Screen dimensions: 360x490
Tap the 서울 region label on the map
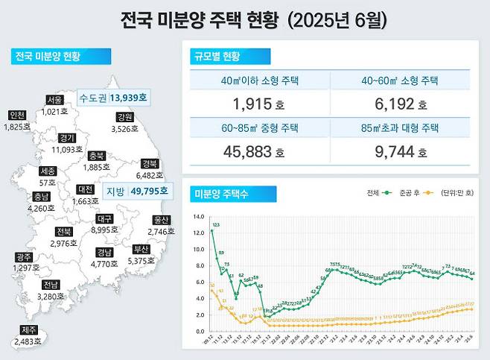click(x=54, y=100)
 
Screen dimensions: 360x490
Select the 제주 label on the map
click(x=31, y=330)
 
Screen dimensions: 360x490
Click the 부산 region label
click(x=141, y=250)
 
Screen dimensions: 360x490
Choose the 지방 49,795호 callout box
click(x=136, y=192)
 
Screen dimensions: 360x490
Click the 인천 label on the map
click(x=16, y=116)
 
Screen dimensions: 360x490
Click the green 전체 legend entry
click(x=379, y=192)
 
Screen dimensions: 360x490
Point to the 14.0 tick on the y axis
click(x=197, y=217)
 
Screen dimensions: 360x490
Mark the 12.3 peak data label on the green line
click(x=215, y=224)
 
